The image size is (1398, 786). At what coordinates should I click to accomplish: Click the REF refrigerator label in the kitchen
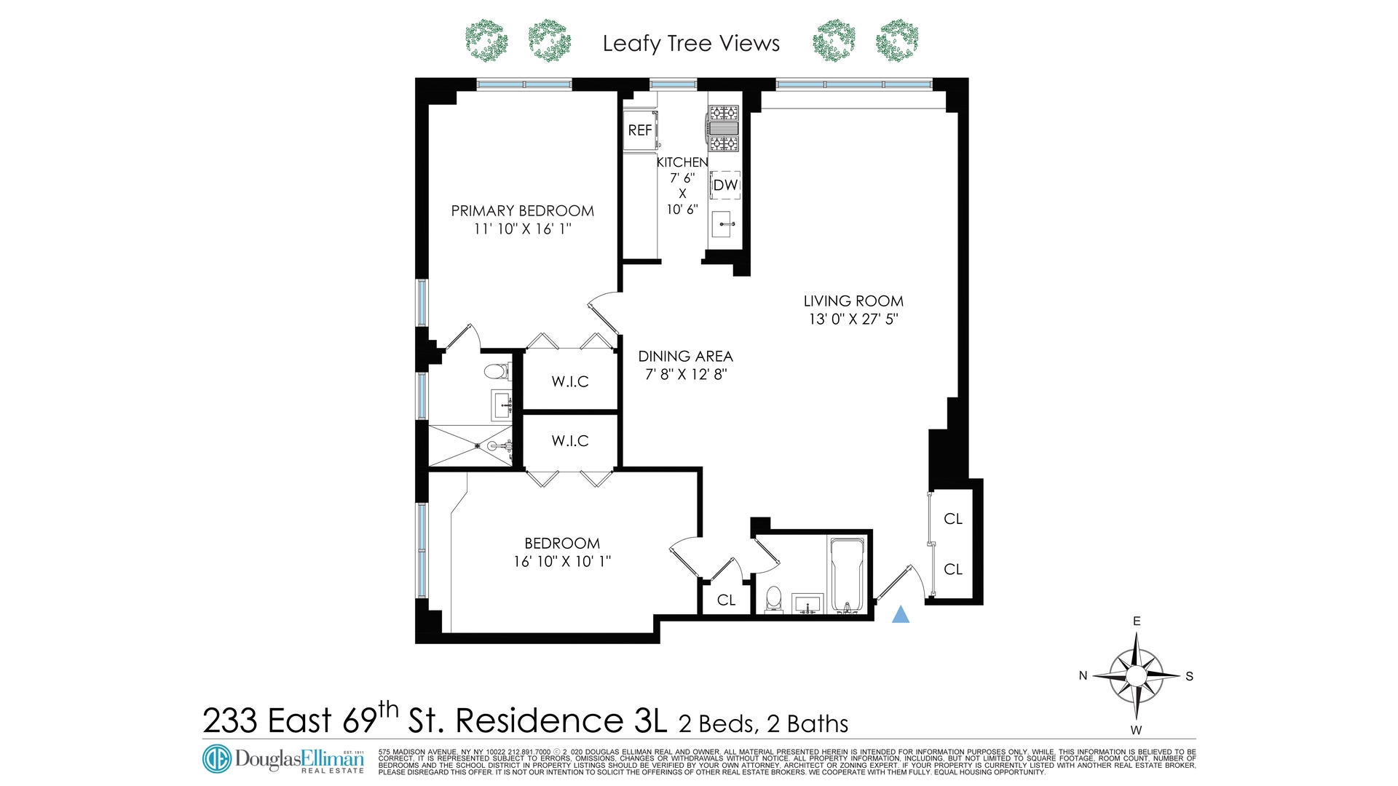coord(640,130)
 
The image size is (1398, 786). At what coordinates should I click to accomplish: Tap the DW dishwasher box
coord(725,185)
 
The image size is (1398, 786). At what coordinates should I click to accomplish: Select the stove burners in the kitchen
coord(724,127)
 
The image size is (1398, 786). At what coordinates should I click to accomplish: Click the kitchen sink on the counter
coord(722,224)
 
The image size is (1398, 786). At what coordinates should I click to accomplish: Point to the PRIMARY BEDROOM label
coord(522,211)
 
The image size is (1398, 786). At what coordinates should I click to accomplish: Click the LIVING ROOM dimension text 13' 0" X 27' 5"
coord(853,319)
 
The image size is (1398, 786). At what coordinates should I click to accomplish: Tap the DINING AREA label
coord(685,357)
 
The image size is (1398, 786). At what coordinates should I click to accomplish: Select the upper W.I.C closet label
coord(570,381)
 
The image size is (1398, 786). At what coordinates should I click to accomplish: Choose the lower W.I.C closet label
coord(570,441)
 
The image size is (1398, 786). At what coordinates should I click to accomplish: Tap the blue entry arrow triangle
coord(901,615)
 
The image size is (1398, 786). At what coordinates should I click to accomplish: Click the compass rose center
coord(1136,676)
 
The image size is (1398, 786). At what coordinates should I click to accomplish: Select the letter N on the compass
coord(1083,676)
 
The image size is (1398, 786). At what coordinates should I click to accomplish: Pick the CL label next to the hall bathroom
coord(726,600)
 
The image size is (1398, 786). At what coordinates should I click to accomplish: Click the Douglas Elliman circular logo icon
coord(216,758)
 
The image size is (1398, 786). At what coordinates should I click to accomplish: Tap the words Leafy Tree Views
coord(691,44)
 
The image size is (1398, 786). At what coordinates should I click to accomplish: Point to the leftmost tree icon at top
coord(486,41)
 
